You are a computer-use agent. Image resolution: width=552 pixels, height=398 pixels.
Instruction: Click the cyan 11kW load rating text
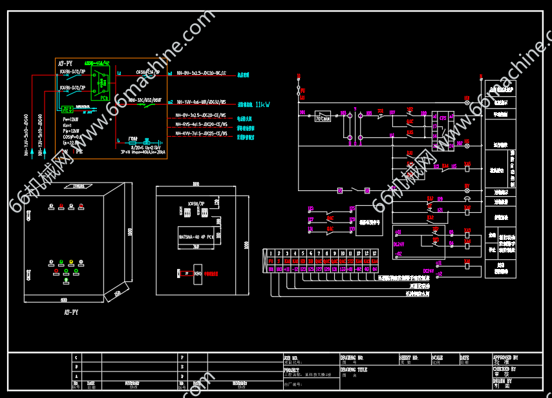point(263,104)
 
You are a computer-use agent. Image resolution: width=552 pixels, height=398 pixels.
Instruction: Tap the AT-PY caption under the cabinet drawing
point(71,312)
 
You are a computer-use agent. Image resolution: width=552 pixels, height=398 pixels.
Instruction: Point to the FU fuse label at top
point(303,91)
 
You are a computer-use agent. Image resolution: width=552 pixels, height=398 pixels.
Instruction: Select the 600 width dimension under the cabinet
point(63,300)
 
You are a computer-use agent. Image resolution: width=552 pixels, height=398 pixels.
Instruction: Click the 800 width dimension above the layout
point(195,184)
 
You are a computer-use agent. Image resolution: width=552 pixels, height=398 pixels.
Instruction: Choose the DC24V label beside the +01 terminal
point(399,244)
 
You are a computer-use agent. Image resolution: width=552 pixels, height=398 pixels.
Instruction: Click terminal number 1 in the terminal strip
point(270,254)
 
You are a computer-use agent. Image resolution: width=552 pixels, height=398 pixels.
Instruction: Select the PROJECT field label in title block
point(291,370)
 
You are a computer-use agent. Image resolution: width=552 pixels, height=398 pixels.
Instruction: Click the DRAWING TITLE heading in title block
point(354,370)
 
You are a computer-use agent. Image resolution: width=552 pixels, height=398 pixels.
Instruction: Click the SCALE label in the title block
point(438,357)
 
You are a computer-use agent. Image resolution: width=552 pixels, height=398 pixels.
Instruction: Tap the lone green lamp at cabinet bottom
point(65,280)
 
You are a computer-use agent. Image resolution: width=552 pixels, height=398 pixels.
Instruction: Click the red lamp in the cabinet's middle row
point(70,263)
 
